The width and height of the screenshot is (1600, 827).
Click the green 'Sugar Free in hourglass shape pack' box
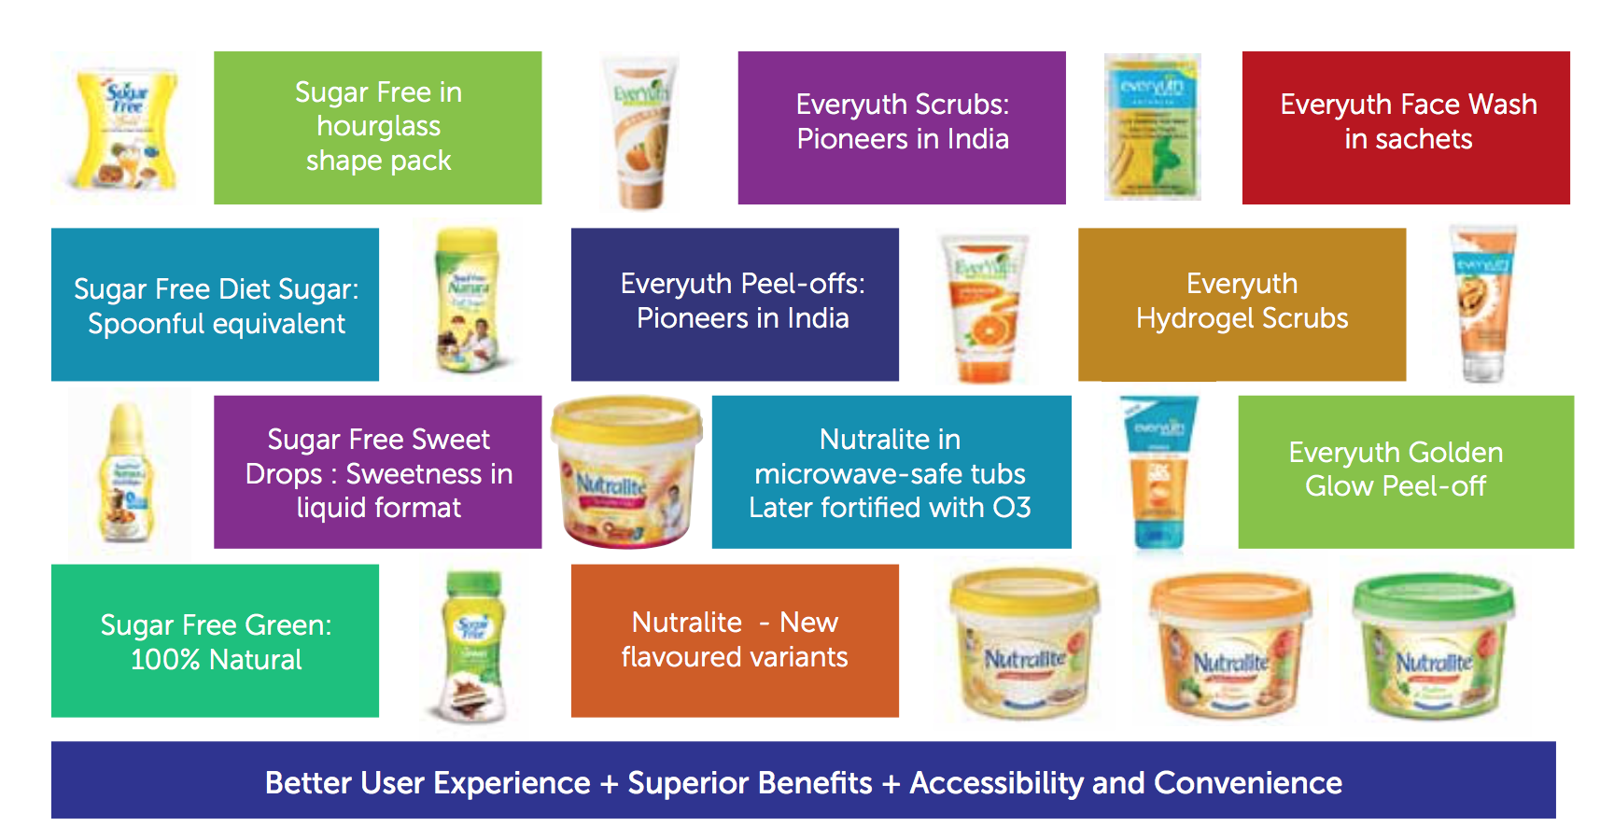[x=377, y=128]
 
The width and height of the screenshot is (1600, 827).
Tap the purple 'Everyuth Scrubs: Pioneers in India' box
[x=902, y=128]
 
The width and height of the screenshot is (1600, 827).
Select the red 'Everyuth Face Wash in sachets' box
[x=1406, y=128]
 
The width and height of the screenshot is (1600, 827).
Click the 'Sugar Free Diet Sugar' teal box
[x=215, y=304]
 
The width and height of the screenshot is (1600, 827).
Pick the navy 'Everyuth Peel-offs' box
[x=735, y=304]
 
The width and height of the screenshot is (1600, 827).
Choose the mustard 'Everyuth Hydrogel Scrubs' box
[x=1242, y=304]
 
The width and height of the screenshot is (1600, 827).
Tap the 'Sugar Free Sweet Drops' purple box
[x=377, y=472]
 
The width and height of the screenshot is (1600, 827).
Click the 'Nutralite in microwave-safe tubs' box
[x=891, y=472]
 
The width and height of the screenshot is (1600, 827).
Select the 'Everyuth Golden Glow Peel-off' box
[x=1405, y=472]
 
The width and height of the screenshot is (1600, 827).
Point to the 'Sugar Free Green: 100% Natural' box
[x=215, y=640]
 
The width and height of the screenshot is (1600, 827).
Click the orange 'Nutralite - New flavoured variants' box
[x=735, y=640]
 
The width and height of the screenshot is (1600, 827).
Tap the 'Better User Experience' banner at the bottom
[x=803, y=781]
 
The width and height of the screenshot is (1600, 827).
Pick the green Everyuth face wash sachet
[x=1152, y=128]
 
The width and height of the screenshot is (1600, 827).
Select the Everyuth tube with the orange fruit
[x=983, y=308]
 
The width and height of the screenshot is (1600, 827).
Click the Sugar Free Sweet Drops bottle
[x=127, y=474]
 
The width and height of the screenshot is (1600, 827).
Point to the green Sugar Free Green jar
[x=474, y=646]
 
